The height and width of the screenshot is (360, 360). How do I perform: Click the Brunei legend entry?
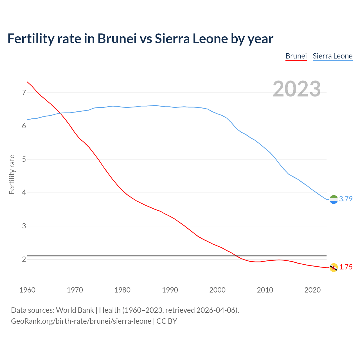[x=296, y=56]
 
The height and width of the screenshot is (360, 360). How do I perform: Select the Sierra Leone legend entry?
[x=332, y=56]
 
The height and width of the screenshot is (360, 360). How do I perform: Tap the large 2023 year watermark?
[x=297, y=89]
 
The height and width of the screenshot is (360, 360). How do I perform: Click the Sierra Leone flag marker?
[x=334, y=199]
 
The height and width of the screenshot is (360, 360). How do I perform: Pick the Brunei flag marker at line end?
[x=334, y=267]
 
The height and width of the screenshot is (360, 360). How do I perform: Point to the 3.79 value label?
[x=346, y=199]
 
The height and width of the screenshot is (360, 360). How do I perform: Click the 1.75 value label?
[x=346, y=267]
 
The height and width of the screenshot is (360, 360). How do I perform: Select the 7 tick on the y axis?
[x=24, y=93]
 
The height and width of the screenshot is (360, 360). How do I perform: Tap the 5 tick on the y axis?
[x=24, y=159]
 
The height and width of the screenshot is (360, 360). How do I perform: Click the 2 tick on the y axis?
[x=24, y=259]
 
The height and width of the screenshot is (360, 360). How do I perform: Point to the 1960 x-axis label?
[x=27, y=290]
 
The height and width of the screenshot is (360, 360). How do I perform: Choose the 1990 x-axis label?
[x=170, y=290]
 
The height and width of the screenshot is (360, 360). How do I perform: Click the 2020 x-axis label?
[x=312, y=290]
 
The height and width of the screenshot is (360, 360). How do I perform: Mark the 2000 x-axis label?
[x=217, y=290]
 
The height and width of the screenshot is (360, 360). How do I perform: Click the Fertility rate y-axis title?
[x=12, y=174]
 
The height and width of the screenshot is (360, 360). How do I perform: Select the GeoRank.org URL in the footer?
[x=81, y=321]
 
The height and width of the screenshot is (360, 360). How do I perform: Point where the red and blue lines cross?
[x=60, y=113]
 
